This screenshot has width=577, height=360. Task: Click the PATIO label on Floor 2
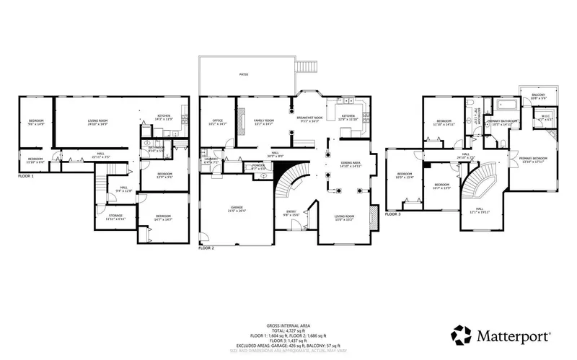point(245,74)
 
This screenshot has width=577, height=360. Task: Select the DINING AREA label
point(351,164)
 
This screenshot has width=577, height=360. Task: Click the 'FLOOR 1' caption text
point(26,175)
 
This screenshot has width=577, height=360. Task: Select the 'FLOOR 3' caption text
point(392,214)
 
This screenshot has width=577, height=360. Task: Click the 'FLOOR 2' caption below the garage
point(206,247)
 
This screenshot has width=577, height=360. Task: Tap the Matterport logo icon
point(462,335)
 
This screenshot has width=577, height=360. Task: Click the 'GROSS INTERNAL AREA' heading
point(288,326)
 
